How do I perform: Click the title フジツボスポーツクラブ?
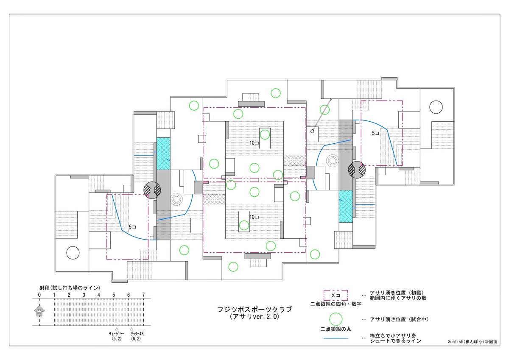(x=255, y=310)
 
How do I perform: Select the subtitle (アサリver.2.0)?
(x=255, y=317)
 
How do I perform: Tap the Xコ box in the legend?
(x=336, y=295)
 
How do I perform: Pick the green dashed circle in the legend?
(x=336, y=319)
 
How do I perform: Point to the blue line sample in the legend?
(x=336, y=338)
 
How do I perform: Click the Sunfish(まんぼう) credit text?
(x=473, y=341)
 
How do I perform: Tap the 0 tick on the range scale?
(x=39, y=295)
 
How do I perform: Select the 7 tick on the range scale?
(x=143, y=295)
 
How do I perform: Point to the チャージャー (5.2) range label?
(x=117, y=336)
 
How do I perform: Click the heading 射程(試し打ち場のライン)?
(x=70, y=288)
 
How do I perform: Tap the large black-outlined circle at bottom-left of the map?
(x=73, y=253)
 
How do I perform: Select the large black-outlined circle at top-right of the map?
(x=436, y=107)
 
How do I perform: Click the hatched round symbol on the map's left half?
(x=152, y=190)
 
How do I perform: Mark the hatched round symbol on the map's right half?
(x=357, y=170)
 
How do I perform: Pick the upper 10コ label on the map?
(x=254, y=143)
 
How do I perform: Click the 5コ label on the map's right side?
(x=376, y=133)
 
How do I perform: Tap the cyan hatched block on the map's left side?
(x=163, y=153)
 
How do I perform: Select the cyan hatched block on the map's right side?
(x=346, y=206)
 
